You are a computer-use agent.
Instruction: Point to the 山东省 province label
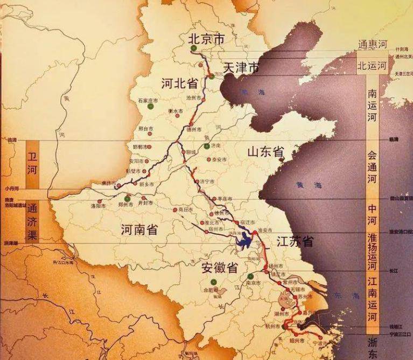(x=265, y=152)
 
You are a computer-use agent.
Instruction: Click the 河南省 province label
(x=139, y=230)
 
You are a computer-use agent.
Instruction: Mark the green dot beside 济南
(x=207, y=146)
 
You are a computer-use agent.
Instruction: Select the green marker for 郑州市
(x=127, y=198)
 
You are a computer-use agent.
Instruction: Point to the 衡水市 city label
(x=176, y=110)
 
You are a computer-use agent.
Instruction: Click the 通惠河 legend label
(x=372, y=45)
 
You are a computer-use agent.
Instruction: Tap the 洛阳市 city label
(x=99, y=206)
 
